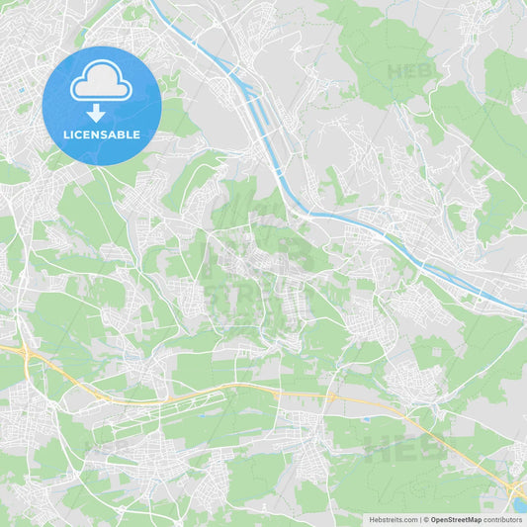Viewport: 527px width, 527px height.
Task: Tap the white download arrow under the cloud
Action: click(x=96, y=112)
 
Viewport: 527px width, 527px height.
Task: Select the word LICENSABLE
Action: click(x=101, y=133)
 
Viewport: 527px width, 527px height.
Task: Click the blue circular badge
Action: click(x=101, y=105)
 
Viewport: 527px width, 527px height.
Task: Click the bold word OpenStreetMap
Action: click(x=456, y=519)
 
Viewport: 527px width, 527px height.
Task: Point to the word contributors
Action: click(x=503, y=519)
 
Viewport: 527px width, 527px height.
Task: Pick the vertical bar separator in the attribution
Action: click(x=421, y=519)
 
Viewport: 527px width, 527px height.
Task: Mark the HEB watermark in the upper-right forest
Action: click(x=409, y=71)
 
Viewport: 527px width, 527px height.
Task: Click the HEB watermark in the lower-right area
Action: click(x=403, y=450)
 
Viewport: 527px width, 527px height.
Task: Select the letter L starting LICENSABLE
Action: click(x=64, y=133)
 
